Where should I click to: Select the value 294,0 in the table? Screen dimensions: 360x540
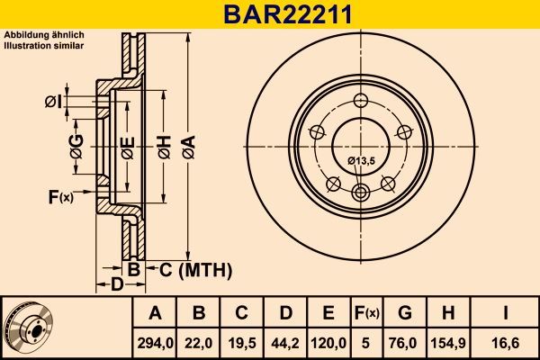click(155, 341)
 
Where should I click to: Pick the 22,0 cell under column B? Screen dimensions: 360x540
click(199, 341)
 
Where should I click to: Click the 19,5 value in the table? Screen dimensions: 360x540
click(241, 341)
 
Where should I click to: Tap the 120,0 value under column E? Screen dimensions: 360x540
click(328, 341)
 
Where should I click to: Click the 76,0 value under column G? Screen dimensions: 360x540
click(404, 341)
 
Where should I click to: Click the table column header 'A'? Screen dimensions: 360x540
click(155, 313)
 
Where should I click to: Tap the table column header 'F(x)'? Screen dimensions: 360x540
click(366, 313)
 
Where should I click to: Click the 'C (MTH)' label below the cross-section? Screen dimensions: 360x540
click(195, 269)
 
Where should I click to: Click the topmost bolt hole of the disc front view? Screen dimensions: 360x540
click(362, 101)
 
